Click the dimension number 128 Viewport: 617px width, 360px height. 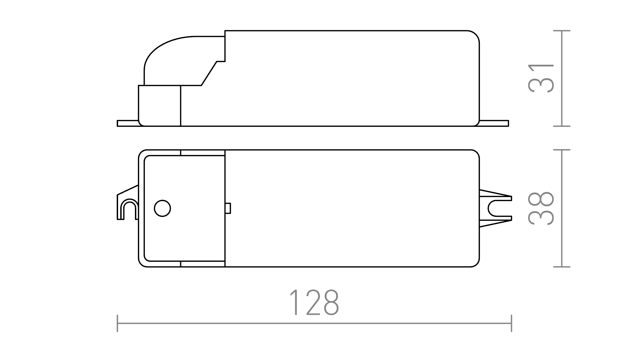coord(315,303)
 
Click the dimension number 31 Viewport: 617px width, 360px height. coord(541,79)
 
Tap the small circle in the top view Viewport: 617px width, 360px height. coord(162,208)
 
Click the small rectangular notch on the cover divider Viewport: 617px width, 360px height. coord(228,208)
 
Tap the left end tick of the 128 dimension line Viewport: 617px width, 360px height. coord(117,323)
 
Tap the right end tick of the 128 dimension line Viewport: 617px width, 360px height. coord(511,323)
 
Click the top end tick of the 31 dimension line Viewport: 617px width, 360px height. coord(562,31)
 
